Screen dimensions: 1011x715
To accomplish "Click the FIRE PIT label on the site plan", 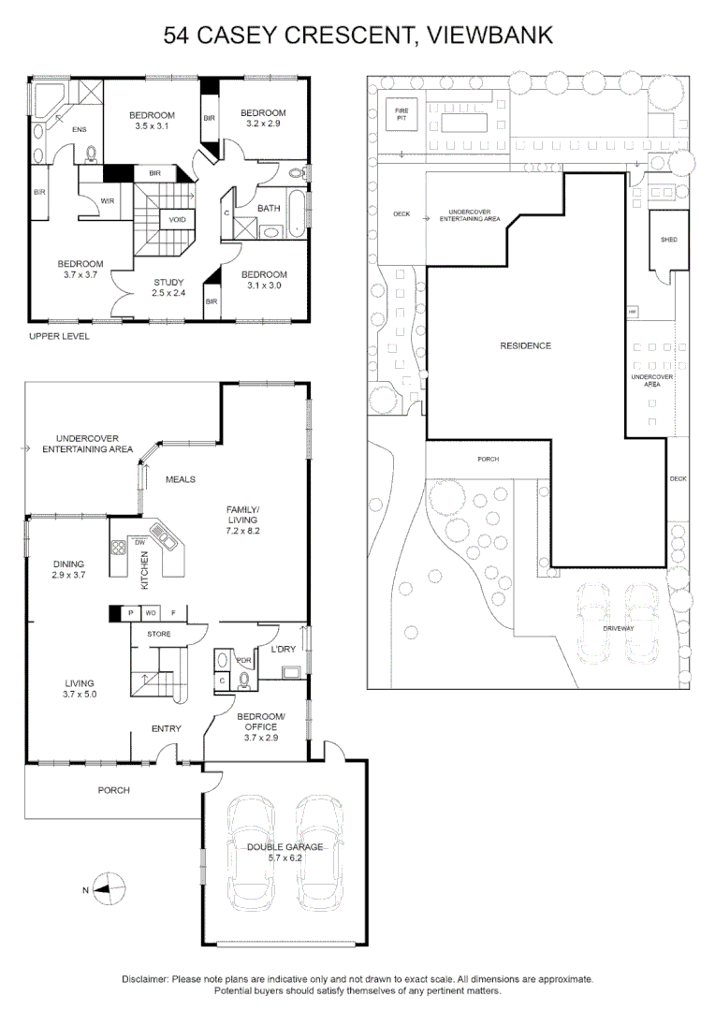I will (x=401, y=116).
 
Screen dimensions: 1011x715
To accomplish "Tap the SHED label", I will (x=668, y=240).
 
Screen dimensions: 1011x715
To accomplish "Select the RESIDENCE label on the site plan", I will (x=525, y=345).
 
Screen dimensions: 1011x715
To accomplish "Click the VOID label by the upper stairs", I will (x=177, y=219).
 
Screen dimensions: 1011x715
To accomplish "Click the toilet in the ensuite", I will (x=92, y=155).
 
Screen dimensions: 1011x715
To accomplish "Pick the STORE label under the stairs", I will (x=158, y=634).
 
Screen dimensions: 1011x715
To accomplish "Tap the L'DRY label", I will (x=284, y=650).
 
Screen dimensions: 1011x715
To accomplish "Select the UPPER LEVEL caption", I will (x=59, y=336).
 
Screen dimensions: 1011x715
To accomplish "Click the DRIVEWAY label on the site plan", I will (x=618, y=628).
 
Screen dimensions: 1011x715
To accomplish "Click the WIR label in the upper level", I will (x=108, y=199).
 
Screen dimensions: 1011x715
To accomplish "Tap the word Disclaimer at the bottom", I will (x=144, y=978).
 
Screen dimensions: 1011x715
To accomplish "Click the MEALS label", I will (x=180, y=479).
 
